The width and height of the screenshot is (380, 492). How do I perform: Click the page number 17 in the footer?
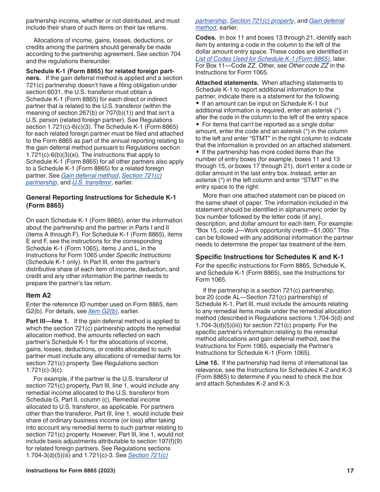350,471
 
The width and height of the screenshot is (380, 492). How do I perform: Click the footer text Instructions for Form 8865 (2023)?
70,471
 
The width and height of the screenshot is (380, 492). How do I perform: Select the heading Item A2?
38,296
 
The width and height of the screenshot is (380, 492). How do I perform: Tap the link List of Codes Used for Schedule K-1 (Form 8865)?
263,59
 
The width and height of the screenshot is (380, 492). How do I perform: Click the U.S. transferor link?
91,182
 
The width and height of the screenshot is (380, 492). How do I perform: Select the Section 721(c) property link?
262,21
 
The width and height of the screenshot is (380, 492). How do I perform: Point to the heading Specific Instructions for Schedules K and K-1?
269,257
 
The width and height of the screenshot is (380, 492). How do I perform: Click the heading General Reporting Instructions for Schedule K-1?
101,197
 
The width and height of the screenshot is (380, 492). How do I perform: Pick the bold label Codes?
204,38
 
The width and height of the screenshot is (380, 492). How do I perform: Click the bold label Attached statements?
227,83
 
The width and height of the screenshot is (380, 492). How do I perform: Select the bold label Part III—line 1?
48,321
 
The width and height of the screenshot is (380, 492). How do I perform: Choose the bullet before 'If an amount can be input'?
198,104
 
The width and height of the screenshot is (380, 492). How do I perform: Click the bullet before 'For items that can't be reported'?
198,124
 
